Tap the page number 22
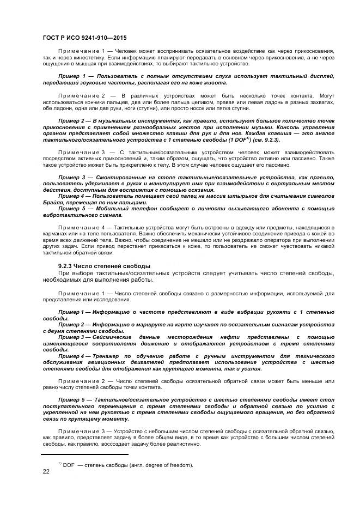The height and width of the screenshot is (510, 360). click(x=46, y=471)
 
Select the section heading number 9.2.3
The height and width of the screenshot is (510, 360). click(x=67, y=265)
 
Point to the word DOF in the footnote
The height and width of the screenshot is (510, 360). click(x=69, y=465)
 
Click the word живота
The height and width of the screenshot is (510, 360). click(x=213, y=82)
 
